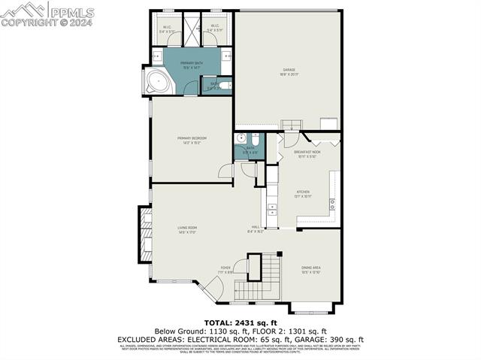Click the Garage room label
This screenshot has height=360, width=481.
(289, 71)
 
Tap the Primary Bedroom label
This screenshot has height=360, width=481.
(192, 140)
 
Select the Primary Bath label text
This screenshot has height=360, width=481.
(192, 65)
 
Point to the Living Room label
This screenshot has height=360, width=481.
(187, 229)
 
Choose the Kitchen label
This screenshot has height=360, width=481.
(303, 193)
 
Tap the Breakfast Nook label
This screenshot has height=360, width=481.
(307, 154)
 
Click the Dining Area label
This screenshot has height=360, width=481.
(311, 269)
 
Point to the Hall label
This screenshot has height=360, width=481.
(256, 229)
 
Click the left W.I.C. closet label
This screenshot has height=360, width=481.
(167, 29)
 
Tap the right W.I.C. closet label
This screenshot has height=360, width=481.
(214, 29)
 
